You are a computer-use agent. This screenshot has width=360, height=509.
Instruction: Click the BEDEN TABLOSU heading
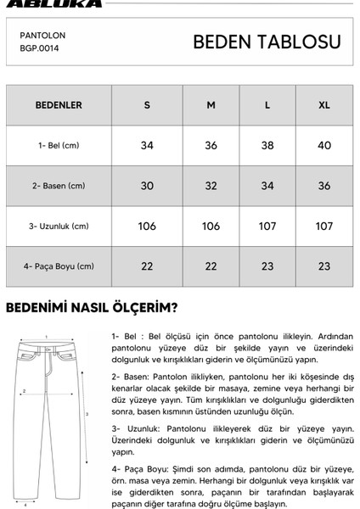click(x=267, y=42)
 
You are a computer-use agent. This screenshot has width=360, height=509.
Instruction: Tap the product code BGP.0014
click(x=39, y=48)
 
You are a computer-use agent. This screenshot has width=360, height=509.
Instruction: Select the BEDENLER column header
click(x=59, y=105)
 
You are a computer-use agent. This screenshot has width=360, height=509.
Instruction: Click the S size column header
click(x=147, y=105)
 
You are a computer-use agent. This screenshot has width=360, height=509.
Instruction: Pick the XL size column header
click(x=323, y=105)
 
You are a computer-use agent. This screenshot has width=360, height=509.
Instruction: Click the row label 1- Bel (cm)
click(x=59, y=145)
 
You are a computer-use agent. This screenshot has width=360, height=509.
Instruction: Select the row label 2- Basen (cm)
click(x=59, y=186)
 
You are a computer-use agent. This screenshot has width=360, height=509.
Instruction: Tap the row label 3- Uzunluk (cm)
click(x=59, y=227)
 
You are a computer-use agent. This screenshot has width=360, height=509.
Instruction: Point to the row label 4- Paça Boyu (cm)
click(x=59, y=266)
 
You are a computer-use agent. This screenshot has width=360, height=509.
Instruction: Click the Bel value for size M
click(x=211, y=145)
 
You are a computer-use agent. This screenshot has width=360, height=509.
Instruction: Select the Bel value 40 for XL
click(x=323, y=145)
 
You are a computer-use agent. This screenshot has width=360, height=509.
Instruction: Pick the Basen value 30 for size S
click(x=147, y=186)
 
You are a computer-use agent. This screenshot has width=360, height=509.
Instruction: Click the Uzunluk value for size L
click(x=268, y=227)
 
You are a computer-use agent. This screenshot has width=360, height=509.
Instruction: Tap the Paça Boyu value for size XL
click(x=323, y=266)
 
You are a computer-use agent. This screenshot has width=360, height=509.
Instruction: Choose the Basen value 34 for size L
click(x=268, y=186)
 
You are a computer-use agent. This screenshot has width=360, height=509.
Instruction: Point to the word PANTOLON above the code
click(x=42, y=36)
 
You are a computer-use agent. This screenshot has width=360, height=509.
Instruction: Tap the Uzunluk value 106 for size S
click(x=147, y=227)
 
